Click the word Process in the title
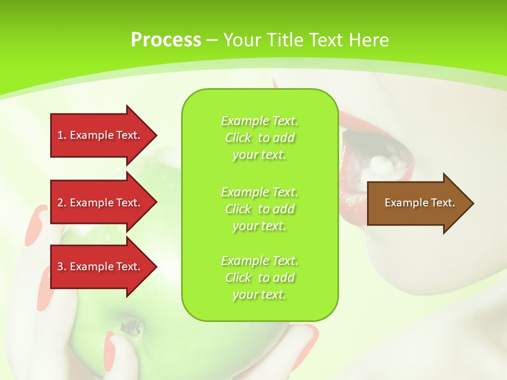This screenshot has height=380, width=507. [x=166, y=40]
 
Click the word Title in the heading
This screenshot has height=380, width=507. [x=286, y=40]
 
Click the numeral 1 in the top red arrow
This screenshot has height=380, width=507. [x=60, y=135]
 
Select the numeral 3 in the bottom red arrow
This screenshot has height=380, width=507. [x=60, y=267]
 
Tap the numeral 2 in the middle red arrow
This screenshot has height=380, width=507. [x=60, y=203]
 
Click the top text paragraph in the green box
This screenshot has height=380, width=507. [x=259, y=138]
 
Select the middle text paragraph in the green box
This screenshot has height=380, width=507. [x=259, y=209]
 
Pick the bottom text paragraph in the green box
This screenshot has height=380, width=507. [x=259, y=278]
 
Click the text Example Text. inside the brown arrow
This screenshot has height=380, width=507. [x=419, y=203]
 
